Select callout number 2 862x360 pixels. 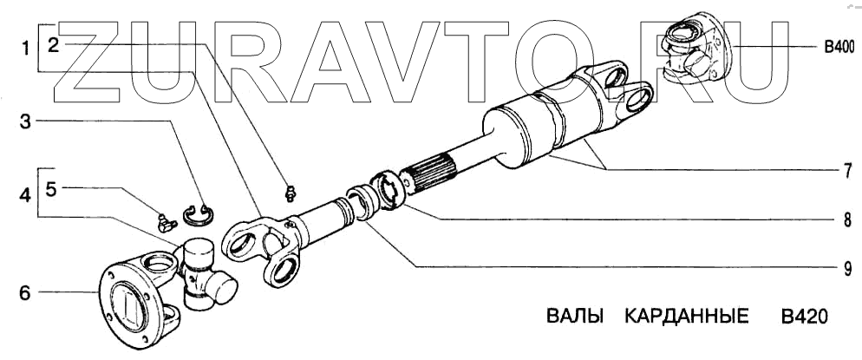[54, 46]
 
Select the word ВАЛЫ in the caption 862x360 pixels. [574, 314]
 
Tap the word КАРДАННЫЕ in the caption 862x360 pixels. [685, 314]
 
